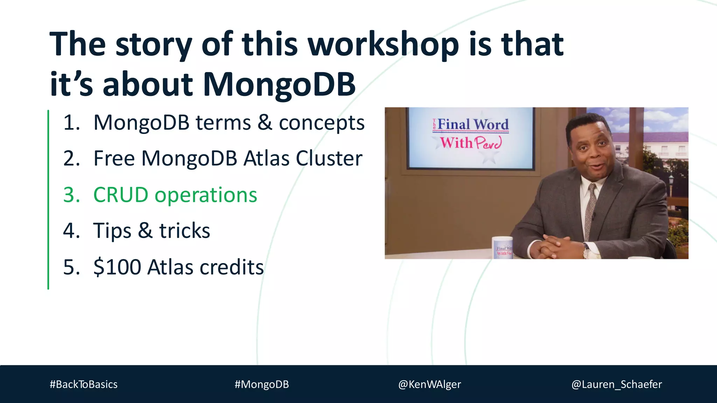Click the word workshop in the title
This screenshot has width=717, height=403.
coord(383,45)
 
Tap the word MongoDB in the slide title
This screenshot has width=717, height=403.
coord(279,85)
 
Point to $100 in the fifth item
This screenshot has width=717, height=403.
coord(117,267)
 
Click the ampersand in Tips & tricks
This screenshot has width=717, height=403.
coord(145,231)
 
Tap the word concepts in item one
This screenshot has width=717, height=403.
coord(321,123)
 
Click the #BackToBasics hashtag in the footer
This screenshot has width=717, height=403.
coord(83,384)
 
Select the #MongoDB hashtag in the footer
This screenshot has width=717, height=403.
coord(262,384)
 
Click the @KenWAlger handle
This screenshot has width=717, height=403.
coord(429,384)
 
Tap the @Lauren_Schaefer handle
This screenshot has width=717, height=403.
coord(616,384)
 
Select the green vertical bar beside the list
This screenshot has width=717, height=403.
coord(48,199)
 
